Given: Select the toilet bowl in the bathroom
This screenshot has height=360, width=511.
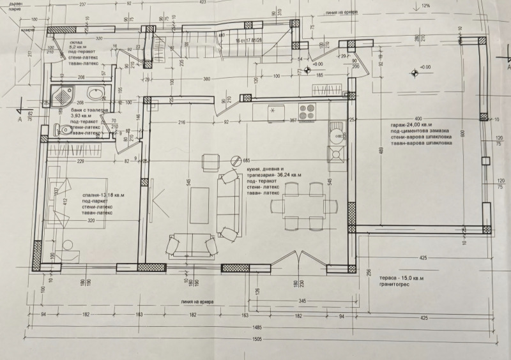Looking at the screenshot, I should pos(66,130).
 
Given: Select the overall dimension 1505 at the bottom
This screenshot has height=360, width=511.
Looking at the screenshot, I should pos(256,340).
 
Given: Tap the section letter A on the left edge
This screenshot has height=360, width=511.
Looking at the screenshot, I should pos(20,119).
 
